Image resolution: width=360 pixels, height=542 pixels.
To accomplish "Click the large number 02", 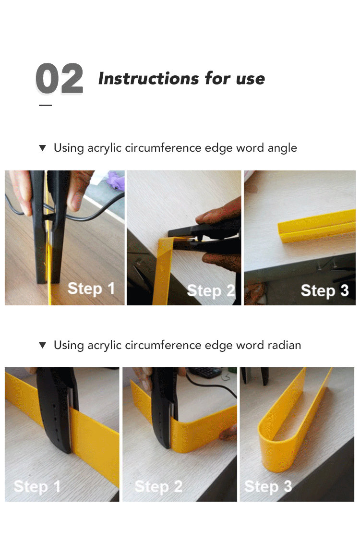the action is (x=60, y=78).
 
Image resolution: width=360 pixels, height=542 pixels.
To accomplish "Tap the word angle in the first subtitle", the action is (x=282, y=148).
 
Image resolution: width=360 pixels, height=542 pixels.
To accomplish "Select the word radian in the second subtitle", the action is (x=284, y=345).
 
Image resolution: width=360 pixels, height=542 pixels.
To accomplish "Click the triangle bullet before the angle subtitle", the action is (x=43, y=148).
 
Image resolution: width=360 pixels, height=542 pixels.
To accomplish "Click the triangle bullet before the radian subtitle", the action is (x=43, y=345).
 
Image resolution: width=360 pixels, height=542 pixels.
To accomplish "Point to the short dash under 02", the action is (x=45, y=105).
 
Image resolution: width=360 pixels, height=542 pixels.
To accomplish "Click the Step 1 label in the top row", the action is (x=91, y=289).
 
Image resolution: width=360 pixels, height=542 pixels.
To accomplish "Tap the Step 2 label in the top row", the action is (x=211, y=291).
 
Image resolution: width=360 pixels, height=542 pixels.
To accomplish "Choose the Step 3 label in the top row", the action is (x=324, y=290).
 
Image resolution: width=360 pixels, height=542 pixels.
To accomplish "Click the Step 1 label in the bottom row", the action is (x=37, y=487).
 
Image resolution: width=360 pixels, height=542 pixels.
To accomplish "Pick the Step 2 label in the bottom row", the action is (x=158, y=487).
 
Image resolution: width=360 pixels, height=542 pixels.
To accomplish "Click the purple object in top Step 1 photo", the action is (x=115, y=180).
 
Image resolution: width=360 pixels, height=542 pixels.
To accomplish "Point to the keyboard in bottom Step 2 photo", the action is (x=206, y=372).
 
